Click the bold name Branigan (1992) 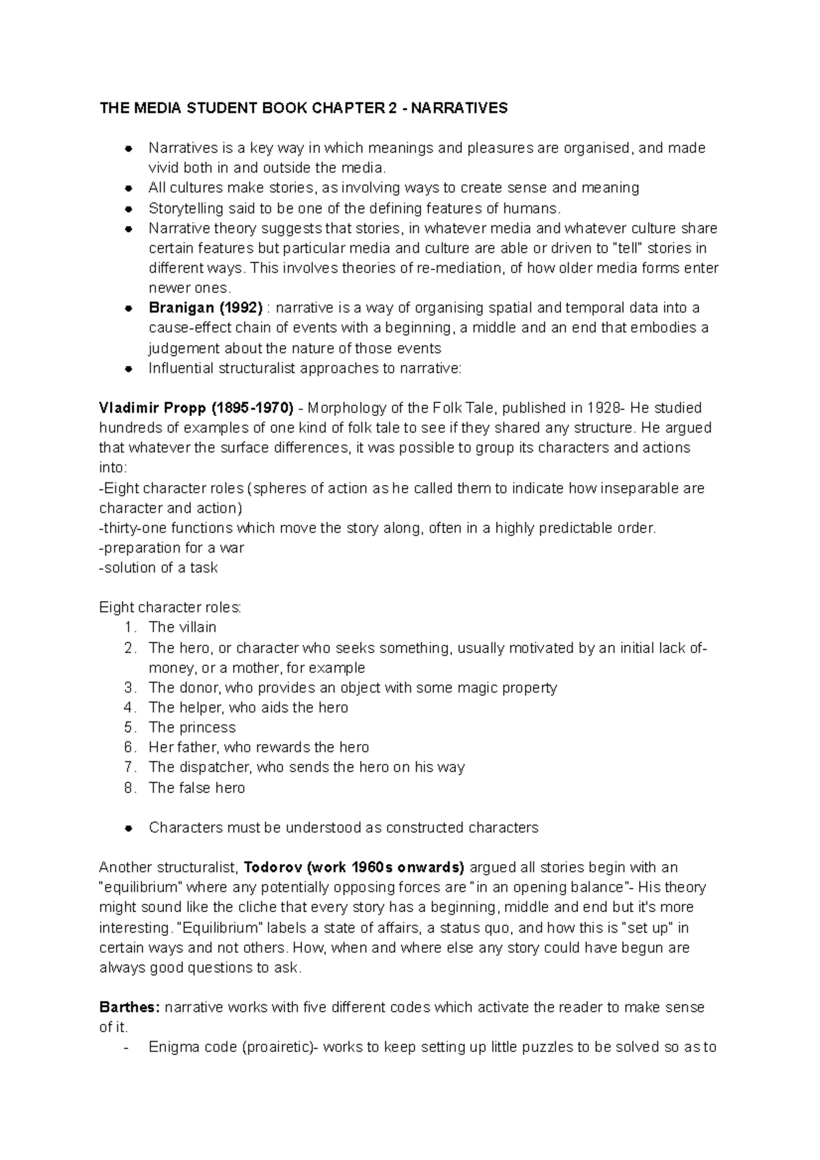tap(205, 308)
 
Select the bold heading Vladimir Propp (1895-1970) tap(196, 408)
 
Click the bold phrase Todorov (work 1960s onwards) tap(354, 868)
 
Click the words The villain tap(182, 627)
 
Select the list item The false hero tap(196, 788)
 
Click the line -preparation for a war tap(172, 548)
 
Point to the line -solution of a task tap(159, 568)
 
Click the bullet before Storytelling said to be tap(128, 208)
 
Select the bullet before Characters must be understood tap(128, 828)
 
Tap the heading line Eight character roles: tap(170, 607)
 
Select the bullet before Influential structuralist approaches tap(128, 369)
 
